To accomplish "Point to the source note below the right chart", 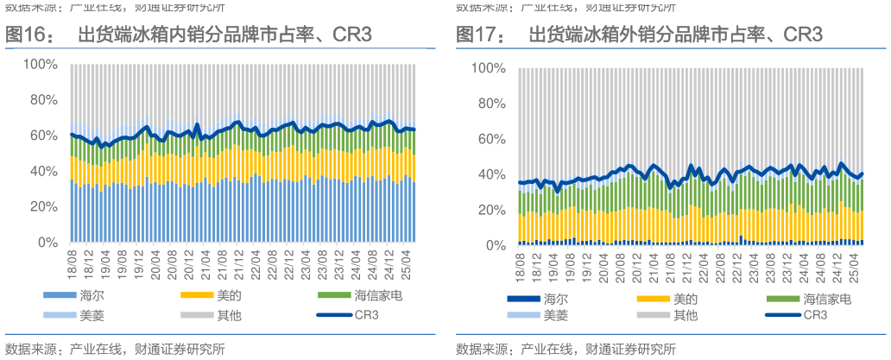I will click(x=566, y=349).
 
